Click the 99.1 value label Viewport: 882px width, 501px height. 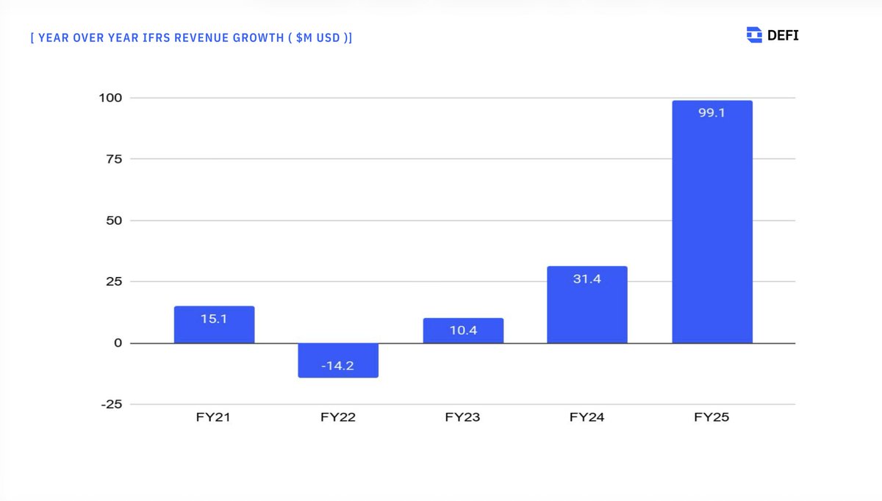point(711,113)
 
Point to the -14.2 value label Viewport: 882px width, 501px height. point(338,365)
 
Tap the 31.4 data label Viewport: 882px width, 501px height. point(587,279)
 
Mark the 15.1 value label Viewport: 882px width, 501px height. point(214,319)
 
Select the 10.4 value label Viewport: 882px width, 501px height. point(463,331)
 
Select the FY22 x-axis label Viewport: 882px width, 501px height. point(338,418)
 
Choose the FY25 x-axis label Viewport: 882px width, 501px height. point(711,418)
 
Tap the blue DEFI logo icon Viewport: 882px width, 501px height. point(754,35)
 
